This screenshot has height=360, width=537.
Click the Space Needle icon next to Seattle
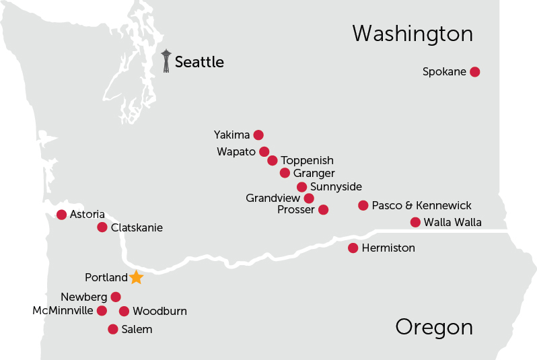tap(166, 61)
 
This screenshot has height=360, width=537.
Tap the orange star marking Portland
tap(136, 277)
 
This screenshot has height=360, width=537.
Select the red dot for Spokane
tap(474, 72)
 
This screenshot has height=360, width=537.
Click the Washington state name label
tap(412, 34)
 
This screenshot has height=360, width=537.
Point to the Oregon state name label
tap(433, 327)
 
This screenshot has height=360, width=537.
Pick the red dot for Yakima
tap(258, 135)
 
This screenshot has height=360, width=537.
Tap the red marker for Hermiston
tap(353, 248)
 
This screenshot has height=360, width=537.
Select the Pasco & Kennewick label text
tap(421, 205)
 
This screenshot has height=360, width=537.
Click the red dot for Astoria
tap(62, 215)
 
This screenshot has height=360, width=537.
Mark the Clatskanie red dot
tap(102, 227)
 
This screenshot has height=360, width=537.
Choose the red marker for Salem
tap(113, 329)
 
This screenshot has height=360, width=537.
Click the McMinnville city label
tap(63, 311)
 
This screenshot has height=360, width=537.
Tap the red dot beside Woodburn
tap(124, 311)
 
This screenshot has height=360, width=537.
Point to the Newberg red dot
tap(116, 297)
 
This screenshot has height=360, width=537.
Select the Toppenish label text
tap(307, 161)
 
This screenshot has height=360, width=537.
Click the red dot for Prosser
tap(323, 210)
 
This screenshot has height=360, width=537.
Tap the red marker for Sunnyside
tap(302, 187)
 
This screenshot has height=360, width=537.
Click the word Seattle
tap(199, 63)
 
